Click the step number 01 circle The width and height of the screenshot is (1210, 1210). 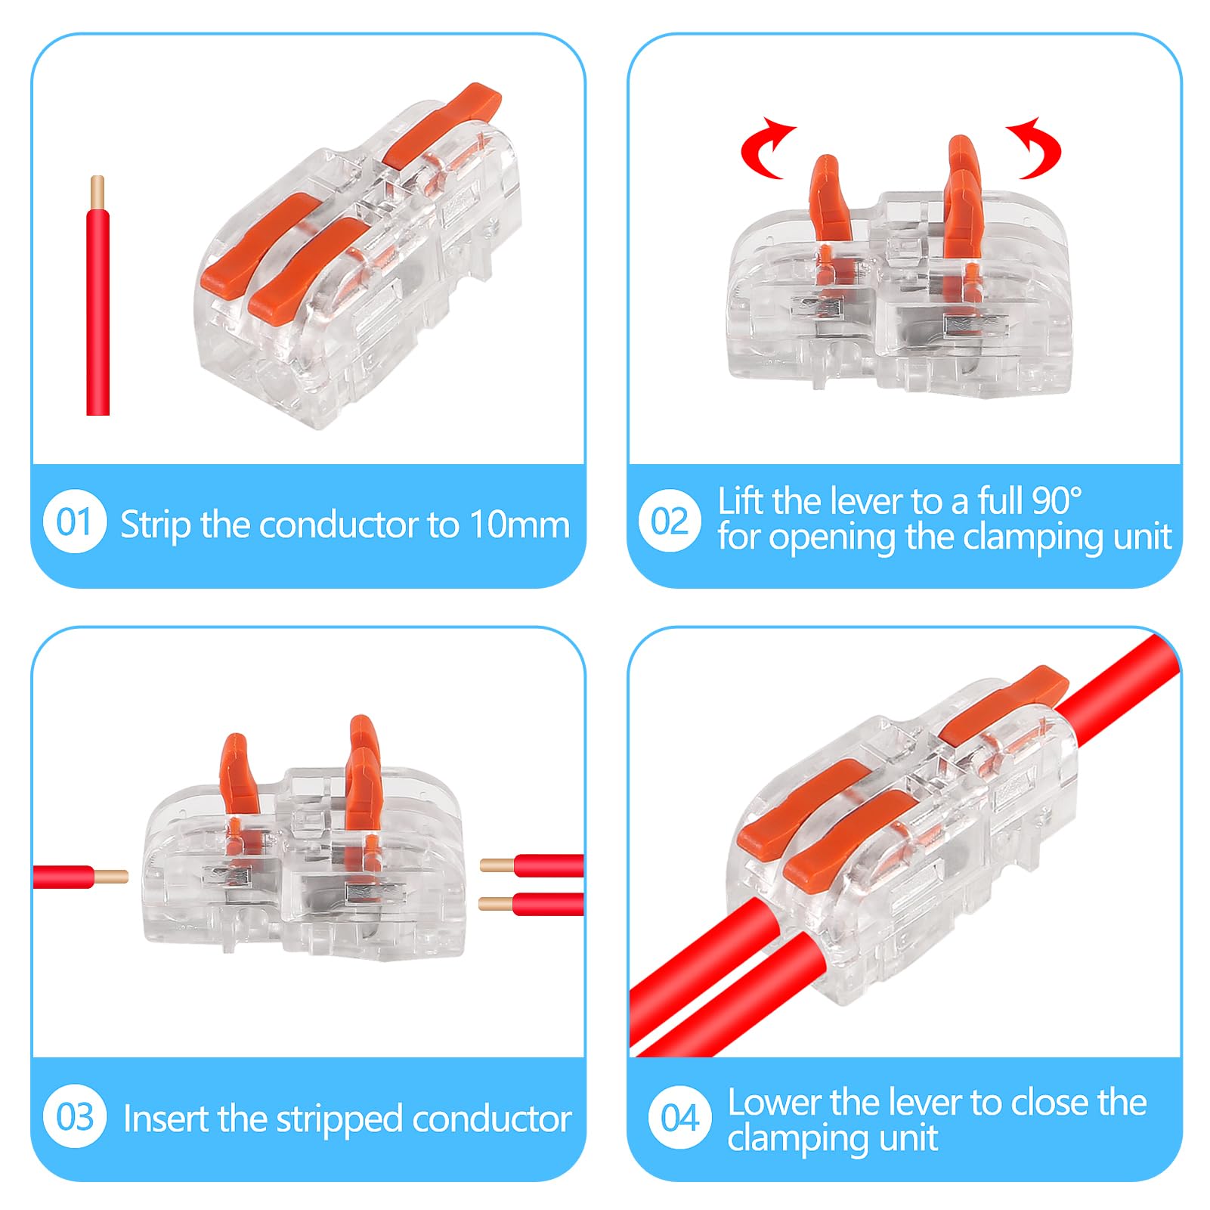[75, 521]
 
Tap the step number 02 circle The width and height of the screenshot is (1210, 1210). [670, 521]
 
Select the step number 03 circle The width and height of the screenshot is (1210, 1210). [75, 1117]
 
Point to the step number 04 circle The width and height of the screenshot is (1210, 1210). [679, 1117]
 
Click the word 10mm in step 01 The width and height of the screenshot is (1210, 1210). [519, 524]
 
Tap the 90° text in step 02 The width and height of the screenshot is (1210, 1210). [1056, 501]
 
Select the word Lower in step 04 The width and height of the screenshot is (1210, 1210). [774, 1102]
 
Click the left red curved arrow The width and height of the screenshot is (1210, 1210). [766, 148]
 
